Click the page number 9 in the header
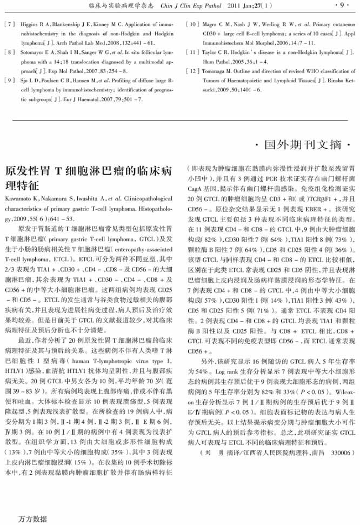[x=341, y=6]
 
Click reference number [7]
[x=9, y=24]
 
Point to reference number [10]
[x=193, y=24]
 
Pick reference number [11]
[x=193, y=52]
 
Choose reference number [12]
[x=193, y=71]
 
